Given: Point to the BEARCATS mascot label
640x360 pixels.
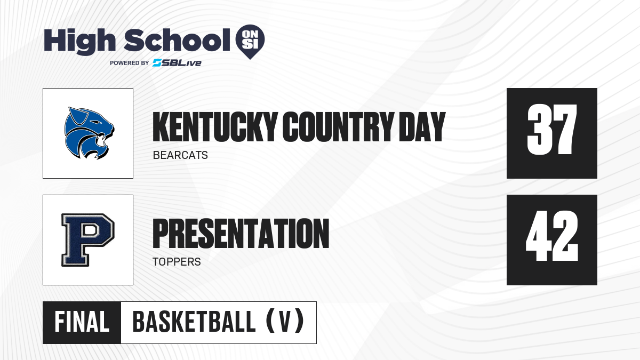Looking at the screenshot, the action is (x=180, y=155).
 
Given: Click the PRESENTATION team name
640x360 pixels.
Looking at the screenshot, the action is (x=241, y=234).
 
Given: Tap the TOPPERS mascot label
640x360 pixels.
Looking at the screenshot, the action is (x=177, y=262).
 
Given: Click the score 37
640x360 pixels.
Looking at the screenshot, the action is (x=552, y=130).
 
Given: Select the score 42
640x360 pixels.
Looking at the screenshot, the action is (x=552, y=236).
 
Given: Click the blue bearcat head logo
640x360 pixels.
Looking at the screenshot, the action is (x=89, y=133).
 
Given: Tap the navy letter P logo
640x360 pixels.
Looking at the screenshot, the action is (x=87, y=240).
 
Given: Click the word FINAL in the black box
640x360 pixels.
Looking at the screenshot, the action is (x=82, y=322).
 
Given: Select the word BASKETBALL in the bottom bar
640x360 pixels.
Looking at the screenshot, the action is (x=194, y=322).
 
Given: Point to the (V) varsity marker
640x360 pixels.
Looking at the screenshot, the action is (x=285, y=321).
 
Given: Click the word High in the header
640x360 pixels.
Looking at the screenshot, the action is (x=80, y=42).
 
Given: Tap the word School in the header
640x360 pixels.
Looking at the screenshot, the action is (x=177, y=40).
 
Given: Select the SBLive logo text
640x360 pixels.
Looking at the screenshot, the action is (x=177, y=63).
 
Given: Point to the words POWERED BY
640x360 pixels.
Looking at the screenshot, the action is (x=129, y=63).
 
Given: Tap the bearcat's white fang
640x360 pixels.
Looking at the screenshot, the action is (x=101, y=140).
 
